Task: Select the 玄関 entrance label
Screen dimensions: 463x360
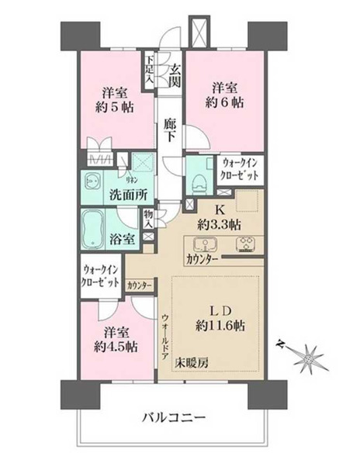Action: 176,76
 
